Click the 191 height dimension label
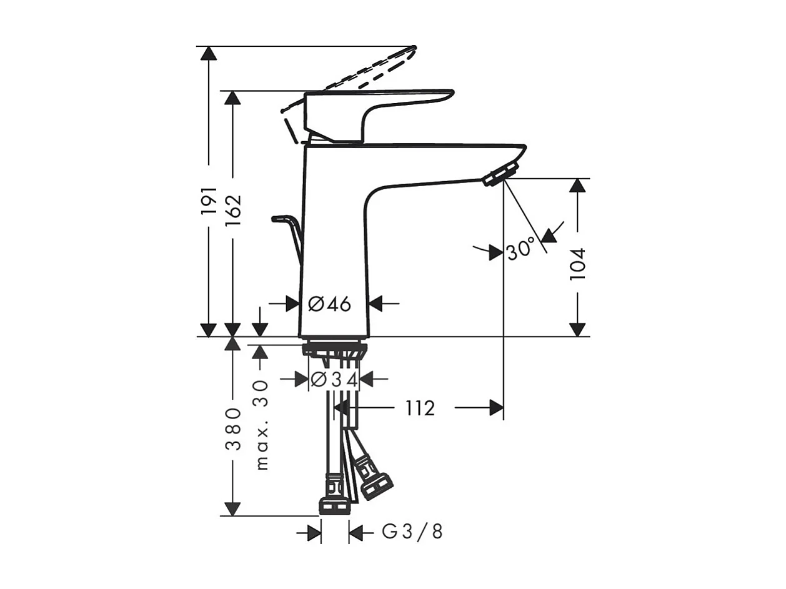[209, 200]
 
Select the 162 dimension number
[233, 210]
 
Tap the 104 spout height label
[577, 264]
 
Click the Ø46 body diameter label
[329, 304]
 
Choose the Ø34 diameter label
[334, 379]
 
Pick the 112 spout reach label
[420, 408]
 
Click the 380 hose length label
[233, 428]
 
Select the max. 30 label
[262, 425]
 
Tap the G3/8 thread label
[412, 542]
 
